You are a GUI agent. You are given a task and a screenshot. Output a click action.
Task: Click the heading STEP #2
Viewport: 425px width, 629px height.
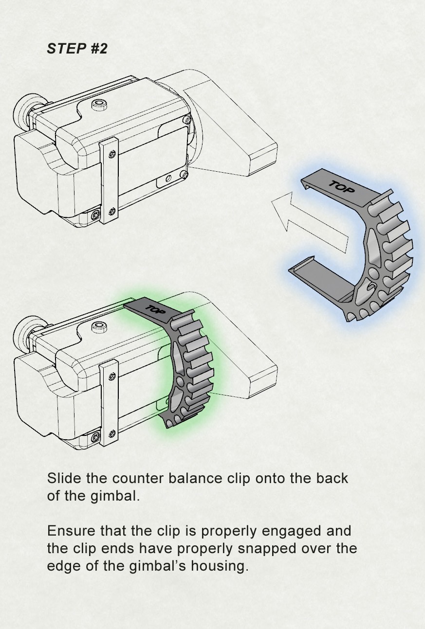77,49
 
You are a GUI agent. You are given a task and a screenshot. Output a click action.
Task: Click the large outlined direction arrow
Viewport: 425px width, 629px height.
312,222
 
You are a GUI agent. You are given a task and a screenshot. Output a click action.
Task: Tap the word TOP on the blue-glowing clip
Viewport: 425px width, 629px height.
342,187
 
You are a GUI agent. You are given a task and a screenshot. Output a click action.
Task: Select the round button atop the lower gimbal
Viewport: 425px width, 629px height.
100,327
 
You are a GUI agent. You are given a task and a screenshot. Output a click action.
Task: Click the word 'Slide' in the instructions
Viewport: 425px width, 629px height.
64,478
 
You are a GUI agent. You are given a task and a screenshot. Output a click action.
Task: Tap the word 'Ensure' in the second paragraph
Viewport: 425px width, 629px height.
71,530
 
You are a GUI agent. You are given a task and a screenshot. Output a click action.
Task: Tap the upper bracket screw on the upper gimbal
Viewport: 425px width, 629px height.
112,154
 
